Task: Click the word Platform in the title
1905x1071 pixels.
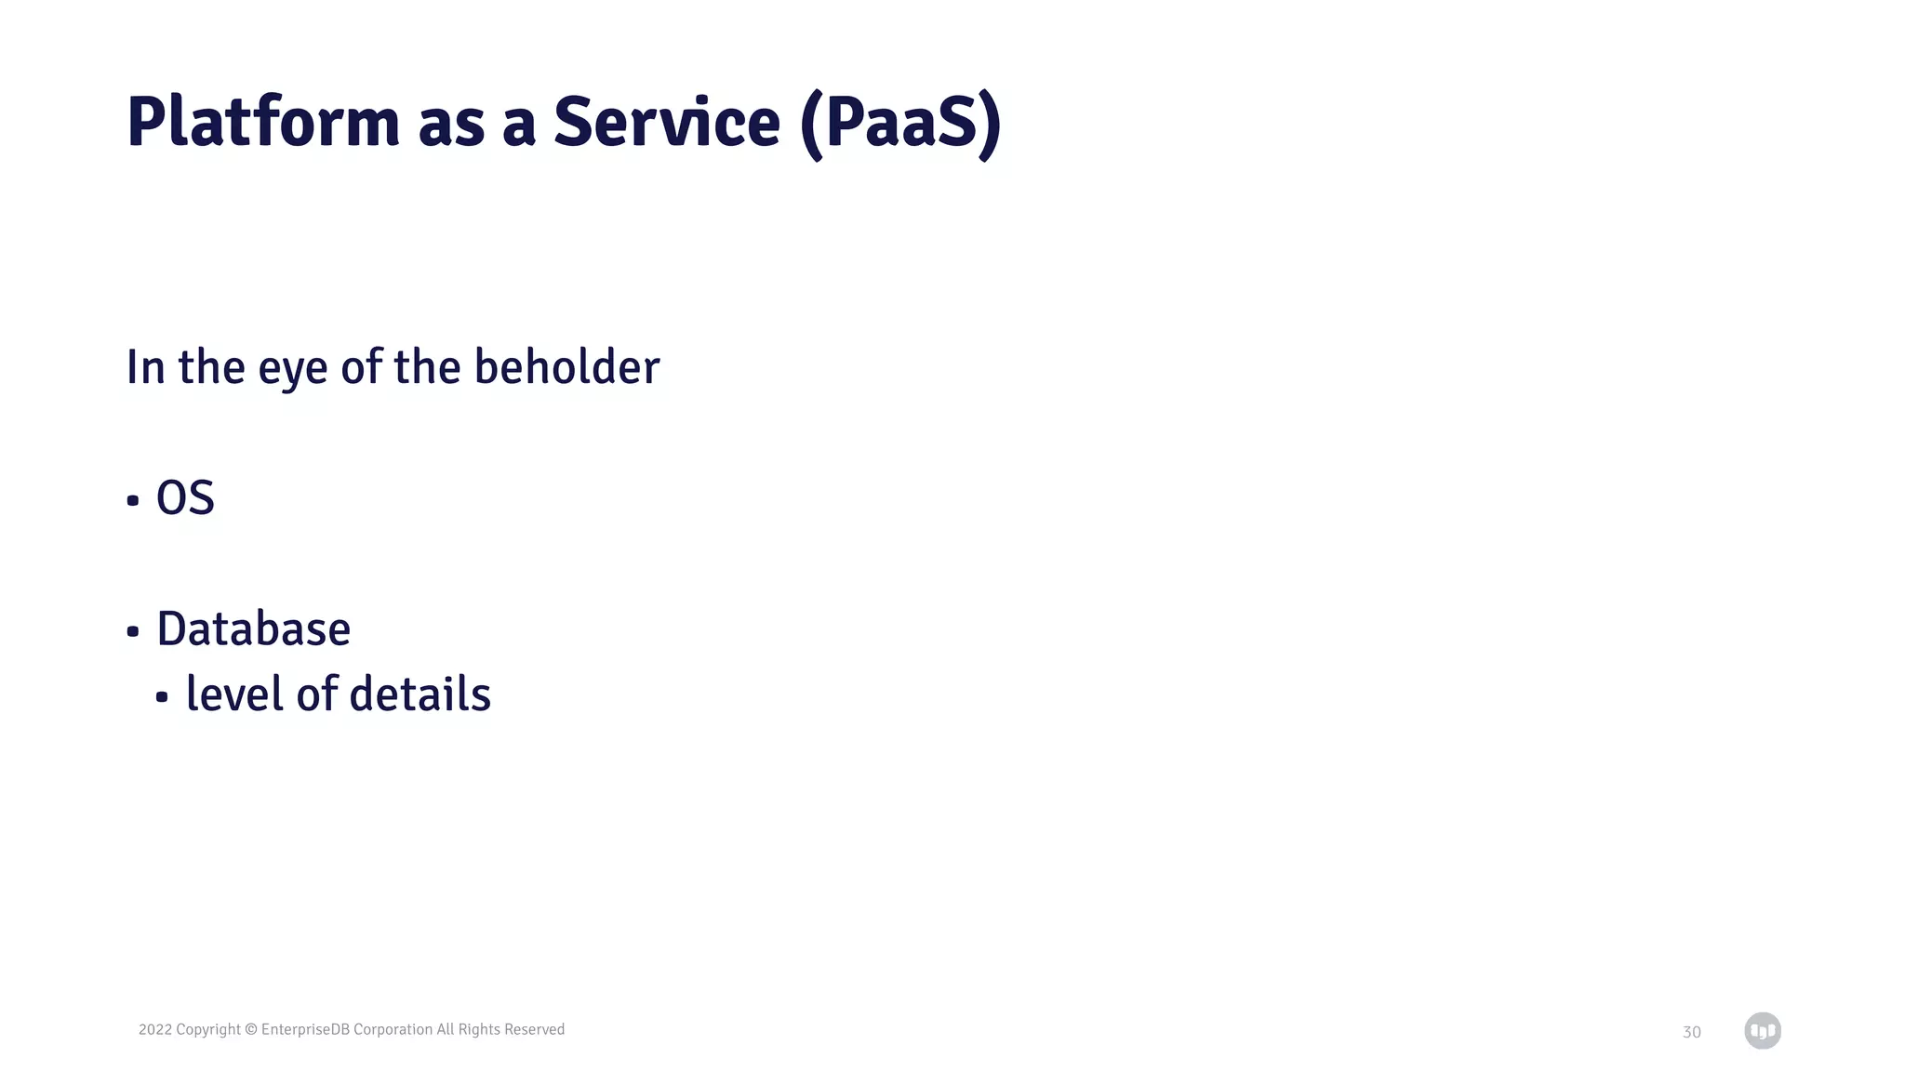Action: (x=262, y=122)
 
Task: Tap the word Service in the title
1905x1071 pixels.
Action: (x=666, y=122)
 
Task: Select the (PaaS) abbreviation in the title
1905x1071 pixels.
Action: (x=899, y=124)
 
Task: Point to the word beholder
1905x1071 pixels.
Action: (x=566, y=366)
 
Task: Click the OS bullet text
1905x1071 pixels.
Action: (x=185, y=497)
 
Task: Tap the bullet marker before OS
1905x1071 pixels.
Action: (x=133, y=501)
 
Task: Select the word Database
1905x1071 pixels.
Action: (x=253, y=628)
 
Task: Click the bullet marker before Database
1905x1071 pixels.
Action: (x=133, y=632)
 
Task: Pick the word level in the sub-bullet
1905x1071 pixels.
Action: (x=234, y=694)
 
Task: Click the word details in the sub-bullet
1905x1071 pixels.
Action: (x=420, y=694)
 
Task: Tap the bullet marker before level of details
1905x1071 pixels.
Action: (x=162, y=697)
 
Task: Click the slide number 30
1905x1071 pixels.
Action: (x=1691, y=1032)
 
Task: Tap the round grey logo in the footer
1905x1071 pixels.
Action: (x=1762, y=1030)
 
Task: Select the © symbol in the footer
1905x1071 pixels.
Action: (x=250, y=1029)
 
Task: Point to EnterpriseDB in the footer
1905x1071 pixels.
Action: (x=305, y=1029)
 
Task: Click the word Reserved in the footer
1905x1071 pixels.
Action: (x=534, y=1029)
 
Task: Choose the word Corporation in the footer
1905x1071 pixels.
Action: (x=393, y=1029)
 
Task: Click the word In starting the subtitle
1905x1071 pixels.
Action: (x=145, y=366)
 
